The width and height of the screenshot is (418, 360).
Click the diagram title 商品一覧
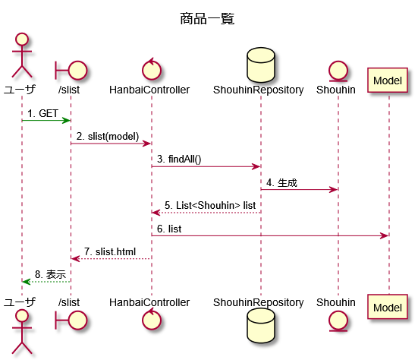coord(207,19)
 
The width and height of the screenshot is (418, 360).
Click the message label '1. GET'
coord(42,113)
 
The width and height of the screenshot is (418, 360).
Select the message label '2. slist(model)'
coord(108,137)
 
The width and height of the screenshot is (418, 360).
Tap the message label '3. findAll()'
coord(179,159)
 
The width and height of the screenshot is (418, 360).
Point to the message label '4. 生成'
coord(281,183)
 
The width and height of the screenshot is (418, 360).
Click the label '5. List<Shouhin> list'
coord(210,206)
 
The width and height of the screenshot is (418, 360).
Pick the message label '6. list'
coord(169,229)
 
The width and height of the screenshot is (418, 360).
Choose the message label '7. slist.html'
coord(110,251)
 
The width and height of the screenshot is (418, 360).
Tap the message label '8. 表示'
coord(50,274)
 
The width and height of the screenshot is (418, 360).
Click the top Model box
coord(388,81)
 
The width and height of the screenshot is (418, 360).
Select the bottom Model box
coord(388,307)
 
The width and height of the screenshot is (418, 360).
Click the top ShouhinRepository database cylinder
coord(261,65)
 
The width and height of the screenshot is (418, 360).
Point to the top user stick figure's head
coord(22,39)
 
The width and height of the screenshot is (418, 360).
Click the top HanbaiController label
coord(149,90)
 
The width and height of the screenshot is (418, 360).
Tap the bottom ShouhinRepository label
coord(259,302)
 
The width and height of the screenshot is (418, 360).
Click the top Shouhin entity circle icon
coord(338,71)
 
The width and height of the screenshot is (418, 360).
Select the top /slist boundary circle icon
coord(71,71)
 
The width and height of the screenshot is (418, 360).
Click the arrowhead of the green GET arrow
coord(66,121)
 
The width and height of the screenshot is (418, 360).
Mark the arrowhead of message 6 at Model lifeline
coord(385,236)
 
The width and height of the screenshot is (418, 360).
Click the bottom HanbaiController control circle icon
coord(152,319)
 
